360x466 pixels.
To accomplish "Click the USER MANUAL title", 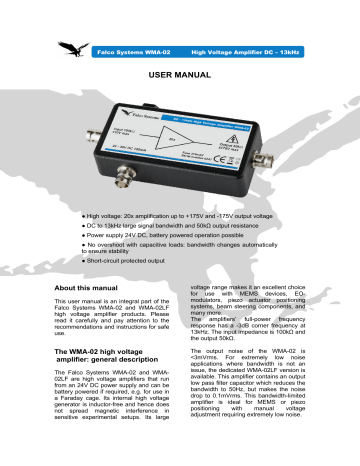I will click(179, 74).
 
